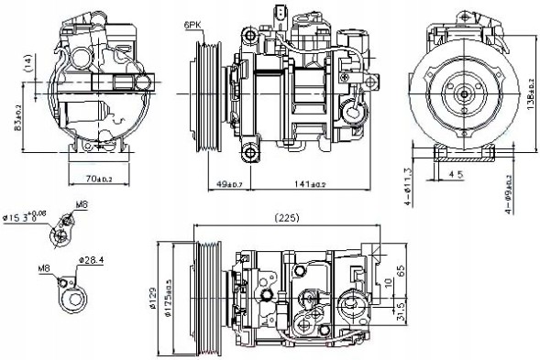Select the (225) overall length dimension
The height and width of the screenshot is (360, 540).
point(285,218)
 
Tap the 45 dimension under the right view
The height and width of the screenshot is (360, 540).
point(456,173)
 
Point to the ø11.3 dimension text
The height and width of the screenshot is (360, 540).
point(408,184)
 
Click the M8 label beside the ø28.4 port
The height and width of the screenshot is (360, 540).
point(43,269)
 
